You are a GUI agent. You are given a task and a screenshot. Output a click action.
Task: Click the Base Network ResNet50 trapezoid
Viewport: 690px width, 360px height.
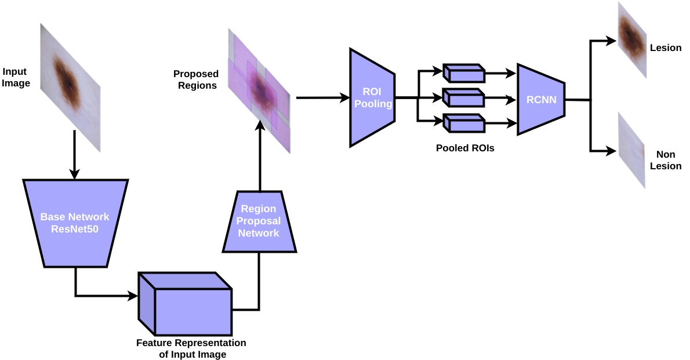[x=75, y=223]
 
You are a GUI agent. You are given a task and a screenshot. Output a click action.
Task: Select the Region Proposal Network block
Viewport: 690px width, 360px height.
[x=259, y=221]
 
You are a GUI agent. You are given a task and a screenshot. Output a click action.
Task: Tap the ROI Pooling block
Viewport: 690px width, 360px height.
[x=372, y=97]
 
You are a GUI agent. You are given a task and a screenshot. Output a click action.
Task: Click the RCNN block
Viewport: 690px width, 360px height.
[x=541, y=99]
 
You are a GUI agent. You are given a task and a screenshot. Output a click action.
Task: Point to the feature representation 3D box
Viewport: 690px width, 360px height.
[x=185, y=304]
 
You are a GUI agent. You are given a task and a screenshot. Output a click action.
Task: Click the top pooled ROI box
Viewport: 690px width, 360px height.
[x=464, y=73]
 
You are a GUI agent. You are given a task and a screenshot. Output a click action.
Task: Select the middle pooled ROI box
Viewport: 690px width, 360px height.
[x=464, y=98]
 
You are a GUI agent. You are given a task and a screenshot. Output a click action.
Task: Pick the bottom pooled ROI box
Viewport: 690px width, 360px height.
[x=464, y=123]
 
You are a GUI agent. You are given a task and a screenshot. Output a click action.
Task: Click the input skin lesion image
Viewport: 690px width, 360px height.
[x=70, y=88]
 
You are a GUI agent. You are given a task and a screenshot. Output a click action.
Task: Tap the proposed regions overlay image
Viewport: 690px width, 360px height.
[x=259, y=91]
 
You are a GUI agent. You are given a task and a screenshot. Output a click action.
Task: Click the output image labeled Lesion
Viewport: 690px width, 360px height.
[x=632, y=39]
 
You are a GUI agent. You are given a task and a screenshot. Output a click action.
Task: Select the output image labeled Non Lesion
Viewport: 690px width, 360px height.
[x=631, y=150]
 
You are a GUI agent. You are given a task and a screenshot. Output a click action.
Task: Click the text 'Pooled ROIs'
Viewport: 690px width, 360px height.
[x=465, y=148]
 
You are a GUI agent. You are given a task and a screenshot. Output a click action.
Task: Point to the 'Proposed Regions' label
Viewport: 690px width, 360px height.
[x=196, y=79]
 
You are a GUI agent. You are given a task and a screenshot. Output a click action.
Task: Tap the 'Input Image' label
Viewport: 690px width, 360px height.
[x=16, y=77]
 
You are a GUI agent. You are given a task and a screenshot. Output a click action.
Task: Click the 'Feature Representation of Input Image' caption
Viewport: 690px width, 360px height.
[x=191, y=348]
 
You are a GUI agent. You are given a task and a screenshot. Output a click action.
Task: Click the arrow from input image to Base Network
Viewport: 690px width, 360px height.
[x=74, y=154]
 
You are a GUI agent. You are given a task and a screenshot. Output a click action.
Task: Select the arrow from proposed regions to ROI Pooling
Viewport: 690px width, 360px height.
[x=323, y=98]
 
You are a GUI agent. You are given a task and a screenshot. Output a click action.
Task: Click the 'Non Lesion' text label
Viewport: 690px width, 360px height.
[x=666, y=160]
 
